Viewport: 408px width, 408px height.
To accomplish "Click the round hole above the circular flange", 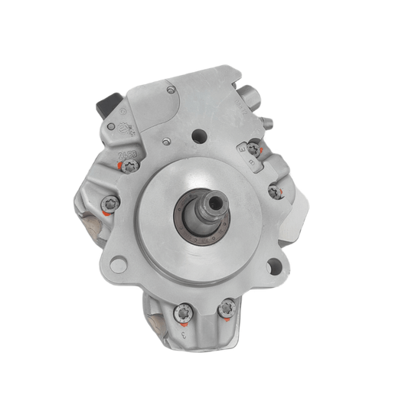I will click(x=200, y=138).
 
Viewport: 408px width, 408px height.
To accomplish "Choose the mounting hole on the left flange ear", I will click(x=118, y=265).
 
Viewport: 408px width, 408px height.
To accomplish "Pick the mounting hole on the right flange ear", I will click(x=273, y=267).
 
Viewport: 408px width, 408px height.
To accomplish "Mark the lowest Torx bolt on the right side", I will click(x=274, y=192).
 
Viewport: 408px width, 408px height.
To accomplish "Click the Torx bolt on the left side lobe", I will click(x=109, y=205).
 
